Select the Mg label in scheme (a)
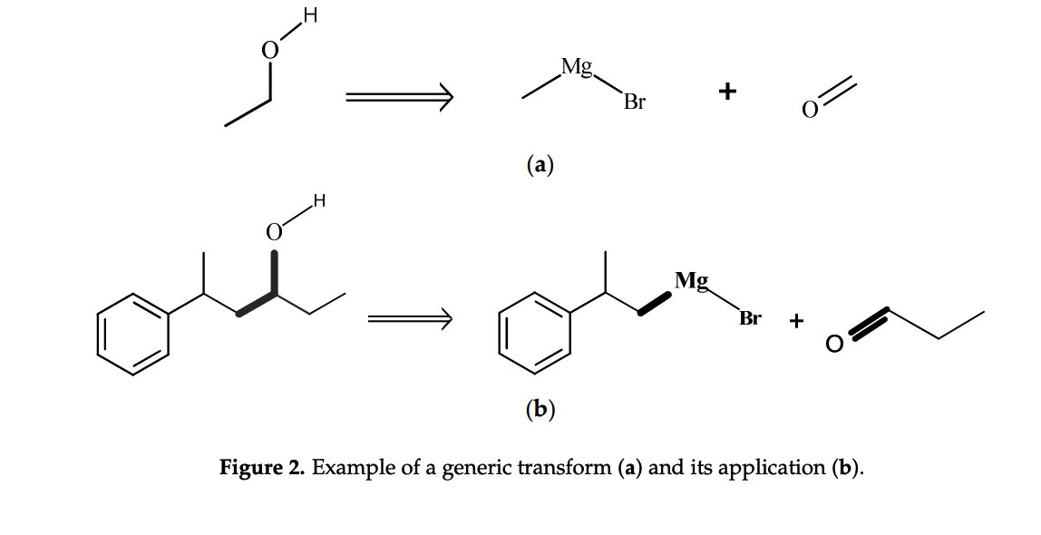577,66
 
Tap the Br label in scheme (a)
635,102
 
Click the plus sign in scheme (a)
726,92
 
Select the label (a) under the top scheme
540,165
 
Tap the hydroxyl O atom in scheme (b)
274,233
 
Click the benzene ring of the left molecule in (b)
133,334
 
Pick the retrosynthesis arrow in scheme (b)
409,318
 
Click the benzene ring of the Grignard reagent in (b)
535,334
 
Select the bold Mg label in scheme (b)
692,280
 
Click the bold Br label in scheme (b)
750,318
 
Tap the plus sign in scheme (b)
796,320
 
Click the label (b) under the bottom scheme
540,410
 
